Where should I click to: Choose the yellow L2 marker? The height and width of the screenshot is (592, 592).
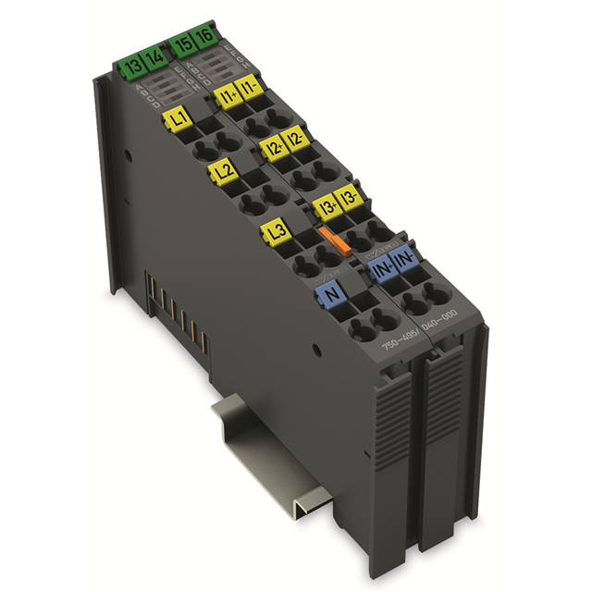[x=223, y=171]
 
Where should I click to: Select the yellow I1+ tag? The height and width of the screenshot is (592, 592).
[x=226, y=94]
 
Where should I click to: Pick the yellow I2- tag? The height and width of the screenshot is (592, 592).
[x=294, y=141]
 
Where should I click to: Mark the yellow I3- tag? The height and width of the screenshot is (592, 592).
[x=348, y=198]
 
